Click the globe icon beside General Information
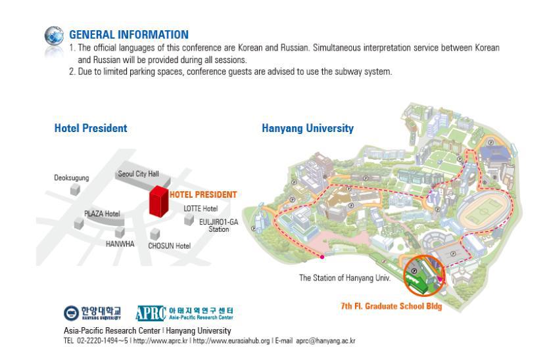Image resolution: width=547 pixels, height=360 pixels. [54, 36]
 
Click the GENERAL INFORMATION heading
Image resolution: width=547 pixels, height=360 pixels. [129, 35]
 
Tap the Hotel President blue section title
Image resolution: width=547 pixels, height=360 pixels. [91, 128]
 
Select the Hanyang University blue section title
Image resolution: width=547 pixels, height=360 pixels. [308, 128]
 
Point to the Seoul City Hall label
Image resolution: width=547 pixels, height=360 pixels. [138, 173]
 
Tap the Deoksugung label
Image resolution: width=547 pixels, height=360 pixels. [72, 178]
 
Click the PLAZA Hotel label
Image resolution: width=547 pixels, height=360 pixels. [102, 214]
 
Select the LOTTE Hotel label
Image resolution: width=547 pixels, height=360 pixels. [201, 208]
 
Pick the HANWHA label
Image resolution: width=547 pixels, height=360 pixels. [120, 244]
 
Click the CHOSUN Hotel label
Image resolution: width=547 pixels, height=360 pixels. [169, 246]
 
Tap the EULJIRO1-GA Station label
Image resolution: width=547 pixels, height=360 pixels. [219, 225]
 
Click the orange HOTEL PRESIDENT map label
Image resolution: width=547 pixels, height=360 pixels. [203, 194]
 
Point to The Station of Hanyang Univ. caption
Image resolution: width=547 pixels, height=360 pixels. [345, 278]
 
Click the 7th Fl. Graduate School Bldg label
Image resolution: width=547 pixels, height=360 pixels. [391, 306]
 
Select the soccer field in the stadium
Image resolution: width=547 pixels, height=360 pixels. [484, 211]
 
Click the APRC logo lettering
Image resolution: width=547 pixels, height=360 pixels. [151, 313]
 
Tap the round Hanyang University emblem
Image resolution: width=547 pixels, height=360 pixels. [71, 313]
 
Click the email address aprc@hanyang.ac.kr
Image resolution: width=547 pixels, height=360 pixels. [325, 341]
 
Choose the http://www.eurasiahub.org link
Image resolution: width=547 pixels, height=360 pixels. [231, 341]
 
